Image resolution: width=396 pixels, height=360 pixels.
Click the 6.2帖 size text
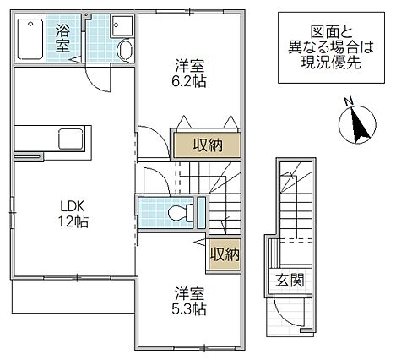point(188,81)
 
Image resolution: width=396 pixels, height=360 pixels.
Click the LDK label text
point(72,205)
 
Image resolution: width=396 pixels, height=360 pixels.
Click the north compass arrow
point(357,126)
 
